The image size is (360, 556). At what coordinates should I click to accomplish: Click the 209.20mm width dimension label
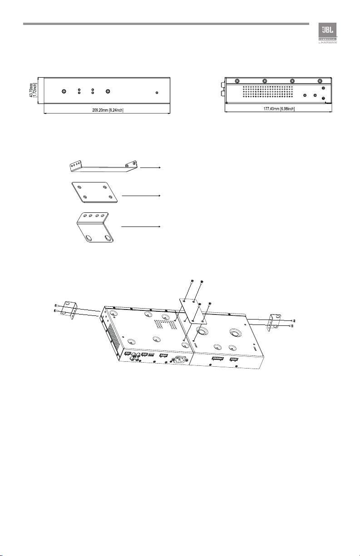107,109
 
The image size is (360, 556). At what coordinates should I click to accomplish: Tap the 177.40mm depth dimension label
279,109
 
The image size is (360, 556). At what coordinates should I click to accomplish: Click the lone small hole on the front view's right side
157,93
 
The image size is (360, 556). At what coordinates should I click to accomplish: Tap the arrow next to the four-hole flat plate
142,195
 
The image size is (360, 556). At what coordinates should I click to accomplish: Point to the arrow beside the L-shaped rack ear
142,226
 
